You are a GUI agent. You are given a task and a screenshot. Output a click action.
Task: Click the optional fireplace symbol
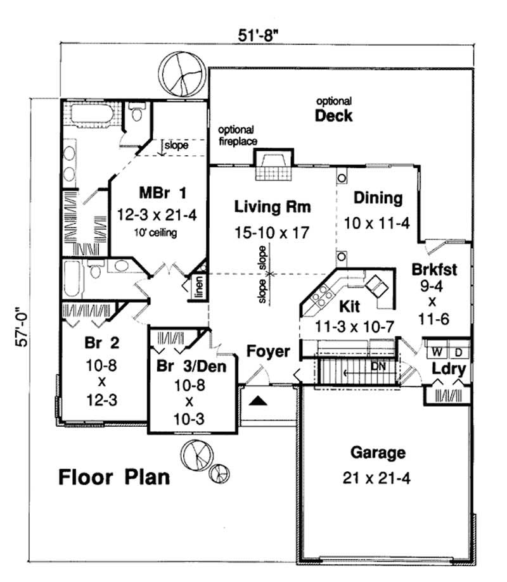click(x=273, y=166)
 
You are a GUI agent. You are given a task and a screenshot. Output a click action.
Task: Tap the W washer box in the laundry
click(x=437, y=351)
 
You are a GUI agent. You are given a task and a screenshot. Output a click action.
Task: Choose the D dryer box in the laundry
click(x=459, y=351)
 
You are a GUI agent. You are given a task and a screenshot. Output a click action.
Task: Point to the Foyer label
click(x=268, y=351)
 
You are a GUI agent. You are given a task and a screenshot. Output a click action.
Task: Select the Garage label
click(x=378, y=453)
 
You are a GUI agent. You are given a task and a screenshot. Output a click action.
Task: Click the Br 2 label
click(x=97, y=343)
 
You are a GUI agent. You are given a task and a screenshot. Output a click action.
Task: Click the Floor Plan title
click(x=115, y=476)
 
